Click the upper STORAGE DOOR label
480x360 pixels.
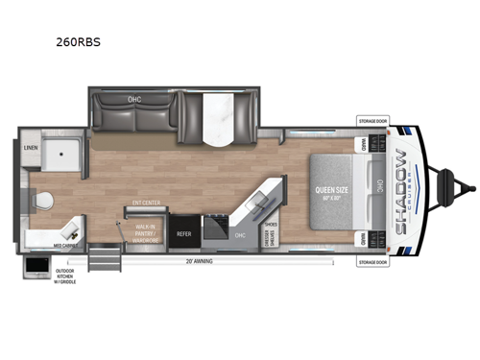click(x=371, y=122)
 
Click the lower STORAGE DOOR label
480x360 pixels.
click(x=371, y=261)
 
